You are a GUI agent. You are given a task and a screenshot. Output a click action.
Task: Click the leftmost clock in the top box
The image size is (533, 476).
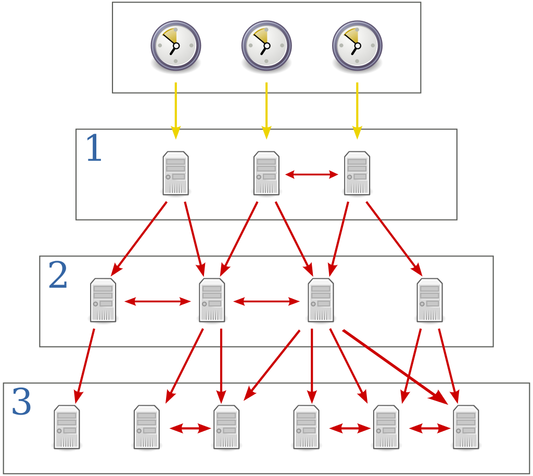coord(176,45)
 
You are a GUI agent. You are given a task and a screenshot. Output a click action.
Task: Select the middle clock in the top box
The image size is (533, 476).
coord(266,45)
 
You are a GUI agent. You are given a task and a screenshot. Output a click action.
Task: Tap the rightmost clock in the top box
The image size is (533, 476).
coord(357,45)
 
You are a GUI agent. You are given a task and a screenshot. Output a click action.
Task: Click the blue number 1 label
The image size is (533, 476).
coord(94,149)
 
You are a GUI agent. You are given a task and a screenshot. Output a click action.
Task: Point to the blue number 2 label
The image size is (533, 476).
coord(58,276)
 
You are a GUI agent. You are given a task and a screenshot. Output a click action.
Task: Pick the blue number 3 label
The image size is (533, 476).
coord(21,403)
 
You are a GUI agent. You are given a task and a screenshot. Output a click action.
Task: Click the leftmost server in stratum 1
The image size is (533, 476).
coord(176,173)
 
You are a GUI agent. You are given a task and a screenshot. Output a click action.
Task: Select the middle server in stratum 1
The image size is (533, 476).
coord(266,173)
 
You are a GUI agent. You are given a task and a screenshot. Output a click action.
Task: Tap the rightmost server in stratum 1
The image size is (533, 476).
coord(357,173)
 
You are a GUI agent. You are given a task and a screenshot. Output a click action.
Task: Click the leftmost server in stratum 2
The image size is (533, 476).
coord(103,300)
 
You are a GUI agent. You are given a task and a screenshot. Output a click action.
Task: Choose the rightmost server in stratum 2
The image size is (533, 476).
coord(429,300)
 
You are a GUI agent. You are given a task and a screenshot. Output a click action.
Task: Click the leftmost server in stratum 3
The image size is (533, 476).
coord(67,427)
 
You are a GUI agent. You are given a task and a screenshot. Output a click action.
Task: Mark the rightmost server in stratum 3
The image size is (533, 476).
coord(466,427)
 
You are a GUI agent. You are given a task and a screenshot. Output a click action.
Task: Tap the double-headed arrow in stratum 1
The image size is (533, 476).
coord(312,175)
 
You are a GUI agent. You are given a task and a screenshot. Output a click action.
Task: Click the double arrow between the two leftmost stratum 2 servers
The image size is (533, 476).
coord(158,301)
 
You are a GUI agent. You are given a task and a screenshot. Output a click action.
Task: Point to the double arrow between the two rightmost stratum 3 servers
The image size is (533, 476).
coord(429,429)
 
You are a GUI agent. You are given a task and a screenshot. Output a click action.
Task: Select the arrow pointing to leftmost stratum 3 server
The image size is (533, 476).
coord(85,362)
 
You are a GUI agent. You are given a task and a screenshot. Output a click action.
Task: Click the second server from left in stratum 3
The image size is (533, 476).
coord(147,427)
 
